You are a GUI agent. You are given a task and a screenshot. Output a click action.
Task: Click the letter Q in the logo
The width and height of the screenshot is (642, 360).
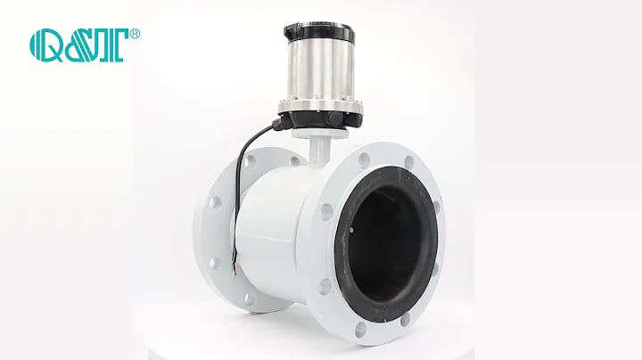pos(46,43)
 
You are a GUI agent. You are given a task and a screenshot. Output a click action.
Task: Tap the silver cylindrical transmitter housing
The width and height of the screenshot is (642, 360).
pos(320,71)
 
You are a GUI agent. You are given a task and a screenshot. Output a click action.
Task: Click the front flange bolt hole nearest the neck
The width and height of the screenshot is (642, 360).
pos(364,161)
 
